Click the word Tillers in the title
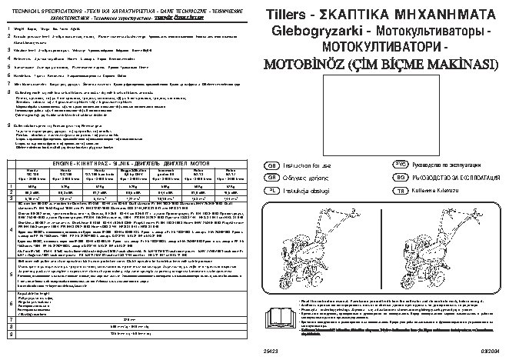click(x=289, y=15)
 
